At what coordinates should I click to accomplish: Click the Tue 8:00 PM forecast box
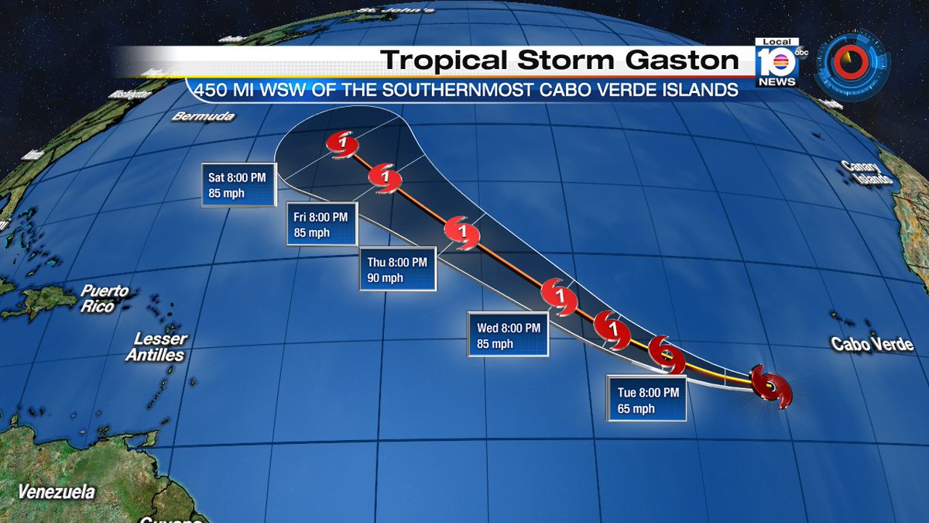[x=648, y=400]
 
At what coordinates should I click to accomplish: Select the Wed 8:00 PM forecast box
[x=508, y=335]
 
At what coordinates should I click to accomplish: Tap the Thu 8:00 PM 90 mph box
[x=398, y=270]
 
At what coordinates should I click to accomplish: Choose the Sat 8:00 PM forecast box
[x=237, y=184]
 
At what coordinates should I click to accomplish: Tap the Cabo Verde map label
[x=872, y=345]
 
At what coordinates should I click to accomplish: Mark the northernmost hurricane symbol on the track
[x=341, y=143]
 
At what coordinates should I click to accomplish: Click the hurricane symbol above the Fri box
[x=385, y=178]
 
